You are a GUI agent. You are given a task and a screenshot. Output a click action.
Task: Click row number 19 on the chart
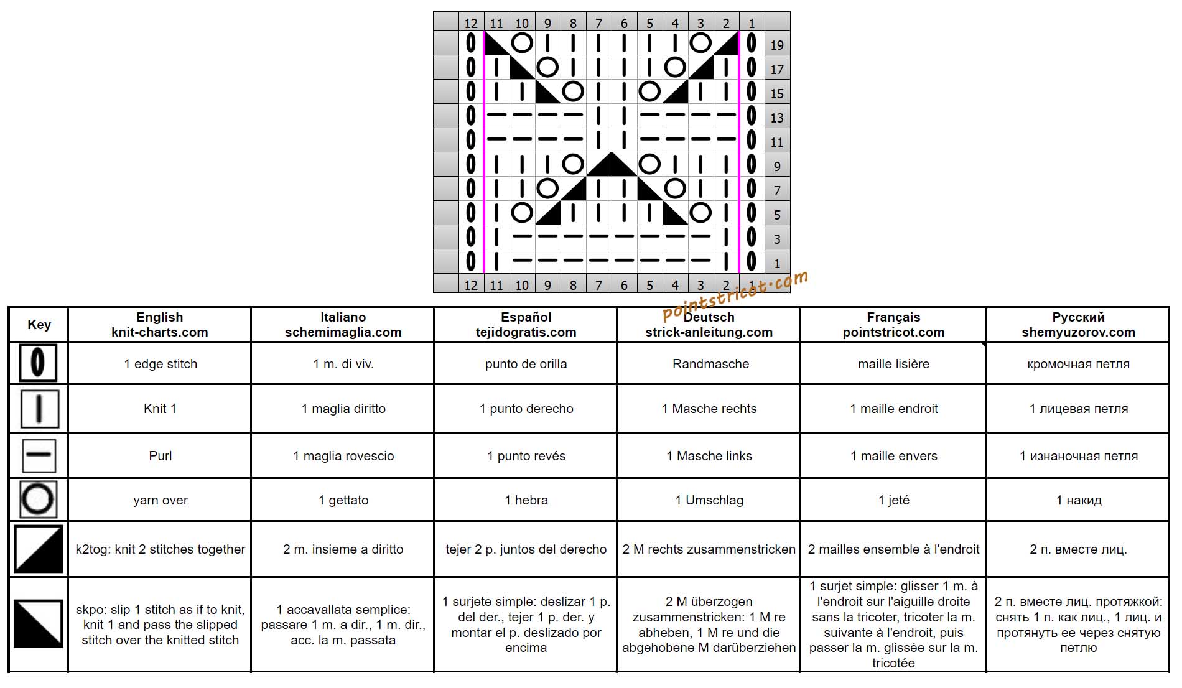(777, 45)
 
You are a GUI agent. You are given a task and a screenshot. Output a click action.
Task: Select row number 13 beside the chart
(777, 118)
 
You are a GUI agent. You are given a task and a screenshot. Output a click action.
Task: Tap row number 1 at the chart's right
(777, 263)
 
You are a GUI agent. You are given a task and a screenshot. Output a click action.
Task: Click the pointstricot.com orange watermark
(735, 295)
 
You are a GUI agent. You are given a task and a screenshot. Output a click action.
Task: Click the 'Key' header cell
(39, 325)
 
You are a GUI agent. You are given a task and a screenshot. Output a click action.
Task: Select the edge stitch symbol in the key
(38, 363)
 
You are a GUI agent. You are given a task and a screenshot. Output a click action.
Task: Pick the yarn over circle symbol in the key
(38, 500)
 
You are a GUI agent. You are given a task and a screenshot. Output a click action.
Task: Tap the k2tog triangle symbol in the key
(39, 549)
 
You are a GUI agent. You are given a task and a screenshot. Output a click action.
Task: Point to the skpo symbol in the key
(39, 624)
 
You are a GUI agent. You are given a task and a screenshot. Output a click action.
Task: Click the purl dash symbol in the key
(39, 455)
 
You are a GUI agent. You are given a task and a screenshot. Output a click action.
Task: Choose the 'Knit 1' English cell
(160, 409)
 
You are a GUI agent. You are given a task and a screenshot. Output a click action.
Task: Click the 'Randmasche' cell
(710, 364)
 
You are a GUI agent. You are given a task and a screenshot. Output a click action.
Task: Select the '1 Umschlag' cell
(709, 500)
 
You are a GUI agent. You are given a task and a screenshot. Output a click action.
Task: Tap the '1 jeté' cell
(893, 500)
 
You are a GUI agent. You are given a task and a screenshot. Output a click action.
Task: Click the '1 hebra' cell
(526, 500)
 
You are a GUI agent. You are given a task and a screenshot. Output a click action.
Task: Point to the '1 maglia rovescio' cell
(343, 456)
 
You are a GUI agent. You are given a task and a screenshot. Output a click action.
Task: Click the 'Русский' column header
(1078, 317)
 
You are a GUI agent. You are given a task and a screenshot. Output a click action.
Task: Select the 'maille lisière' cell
(893, 364)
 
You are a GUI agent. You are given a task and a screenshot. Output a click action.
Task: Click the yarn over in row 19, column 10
(522, 43)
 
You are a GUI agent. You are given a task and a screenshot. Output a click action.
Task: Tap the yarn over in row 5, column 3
(700, 213)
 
